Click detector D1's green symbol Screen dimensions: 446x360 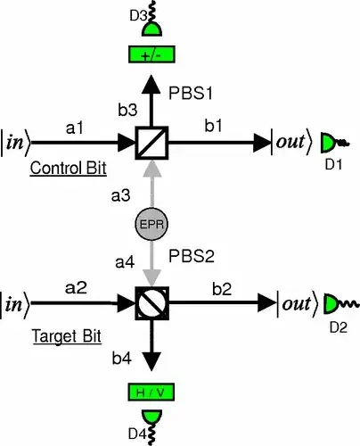(x=329, y=141)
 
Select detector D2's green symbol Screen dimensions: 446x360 (x=331, y=304)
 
